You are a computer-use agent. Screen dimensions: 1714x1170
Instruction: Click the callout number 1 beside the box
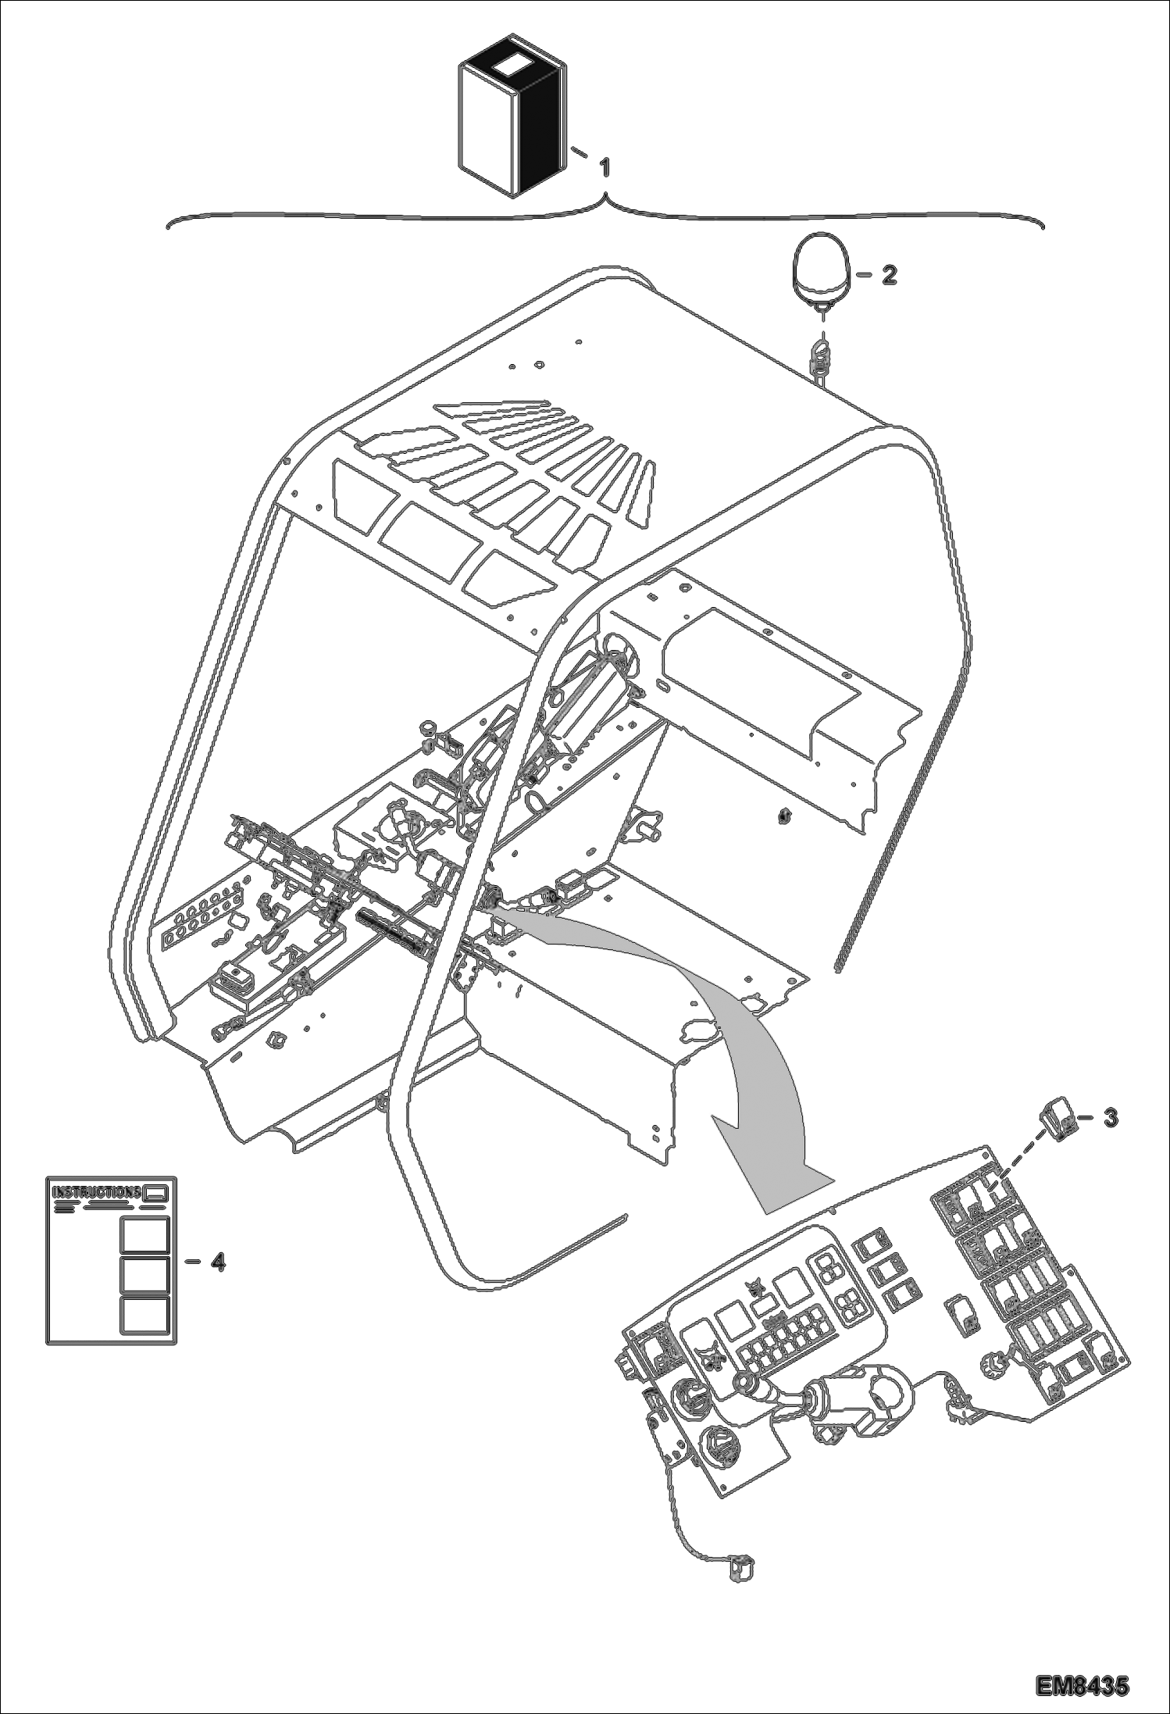[x=604, y=167]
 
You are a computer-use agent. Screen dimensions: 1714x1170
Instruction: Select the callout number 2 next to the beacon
[x=889, y=274]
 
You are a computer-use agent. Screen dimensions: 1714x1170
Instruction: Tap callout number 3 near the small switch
[x=1110, y=1118]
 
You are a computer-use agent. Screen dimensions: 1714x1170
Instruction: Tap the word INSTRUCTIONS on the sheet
[x=95, y=1193]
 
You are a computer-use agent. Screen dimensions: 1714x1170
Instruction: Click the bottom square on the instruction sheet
[x=144, y=1315]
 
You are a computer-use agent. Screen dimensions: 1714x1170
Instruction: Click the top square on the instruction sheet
[x=144, y=1234]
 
